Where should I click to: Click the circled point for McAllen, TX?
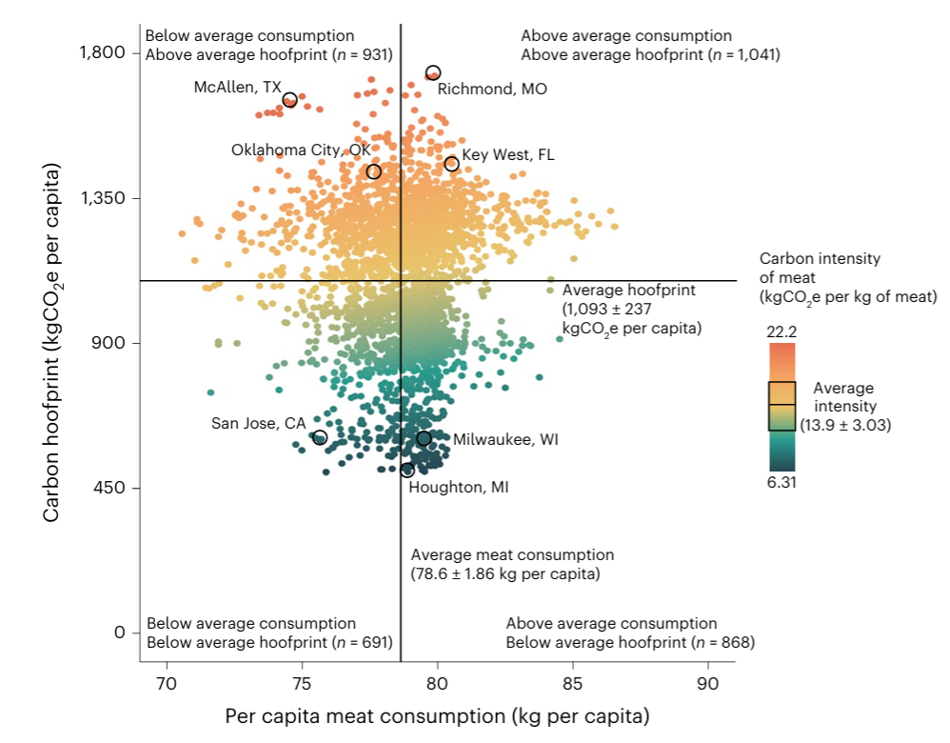[290, 100]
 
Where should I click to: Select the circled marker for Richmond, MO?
[433, 72]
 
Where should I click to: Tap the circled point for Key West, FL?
[451, 164]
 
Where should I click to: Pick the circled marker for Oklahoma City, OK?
[373, 171]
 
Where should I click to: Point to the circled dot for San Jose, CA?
[320, 437]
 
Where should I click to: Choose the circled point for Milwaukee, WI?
[424, 438]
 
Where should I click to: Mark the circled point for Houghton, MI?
[407, 470]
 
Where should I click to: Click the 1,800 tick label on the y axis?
[101, 52]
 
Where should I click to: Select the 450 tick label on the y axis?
[109, 489]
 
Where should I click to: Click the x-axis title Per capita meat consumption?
[437, 715]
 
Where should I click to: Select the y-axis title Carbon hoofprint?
[52, 343]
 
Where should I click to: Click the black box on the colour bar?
[782, 406]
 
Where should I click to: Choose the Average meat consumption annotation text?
[512, 564]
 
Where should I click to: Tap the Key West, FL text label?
[507, 155]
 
